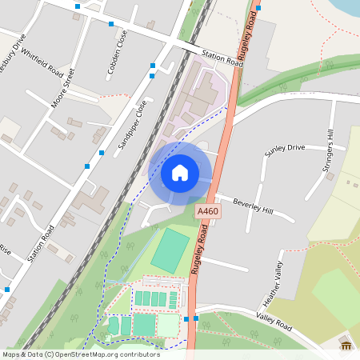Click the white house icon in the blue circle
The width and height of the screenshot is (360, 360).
(x=180, y=173)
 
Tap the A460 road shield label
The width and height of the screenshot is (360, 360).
(x=207, y=211)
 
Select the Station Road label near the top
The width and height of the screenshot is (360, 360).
(x=222, y=57)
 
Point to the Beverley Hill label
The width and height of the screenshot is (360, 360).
(x=253, y=206)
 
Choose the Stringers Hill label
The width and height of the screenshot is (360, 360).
(x=330, y=150)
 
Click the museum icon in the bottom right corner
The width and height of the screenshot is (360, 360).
(x=346, y=344)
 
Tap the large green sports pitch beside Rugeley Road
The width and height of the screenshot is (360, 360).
(x=170, y=250)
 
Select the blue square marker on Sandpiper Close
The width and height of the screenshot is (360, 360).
(x=102, y=152)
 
